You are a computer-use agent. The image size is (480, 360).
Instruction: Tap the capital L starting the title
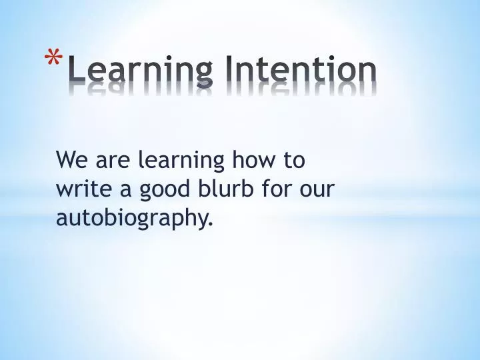pos(76,69)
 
